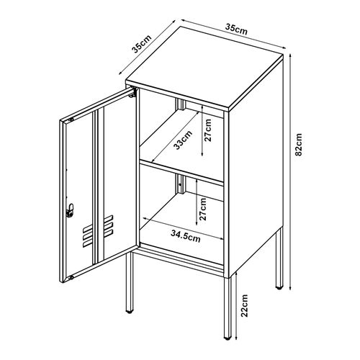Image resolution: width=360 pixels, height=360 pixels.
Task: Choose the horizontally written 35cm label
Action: [x=235, y=30]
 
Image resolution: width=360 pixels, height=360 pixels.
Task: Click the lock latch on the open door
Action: [x=70, y=210]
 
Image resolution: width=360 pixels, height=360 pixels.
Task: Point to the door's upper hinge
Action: [x=133, y=93]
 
